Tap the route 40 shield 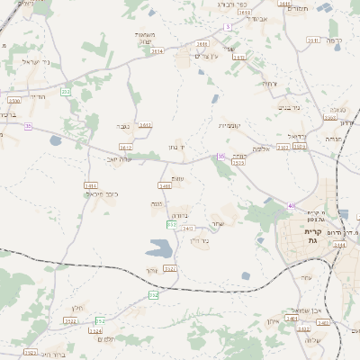point(292,206)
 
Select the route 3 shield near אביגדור point(229,27)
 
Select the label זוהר point(151,270)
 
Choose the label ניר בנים point(286,107)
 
